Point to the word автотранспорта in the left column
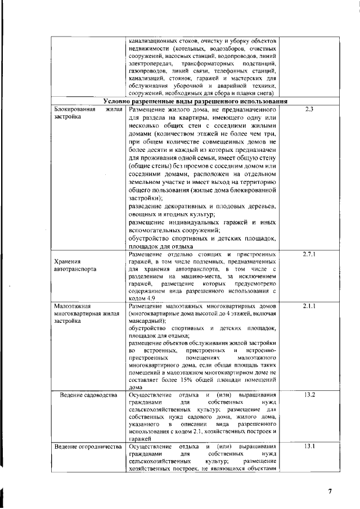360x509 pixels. (x=75, y=269)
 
